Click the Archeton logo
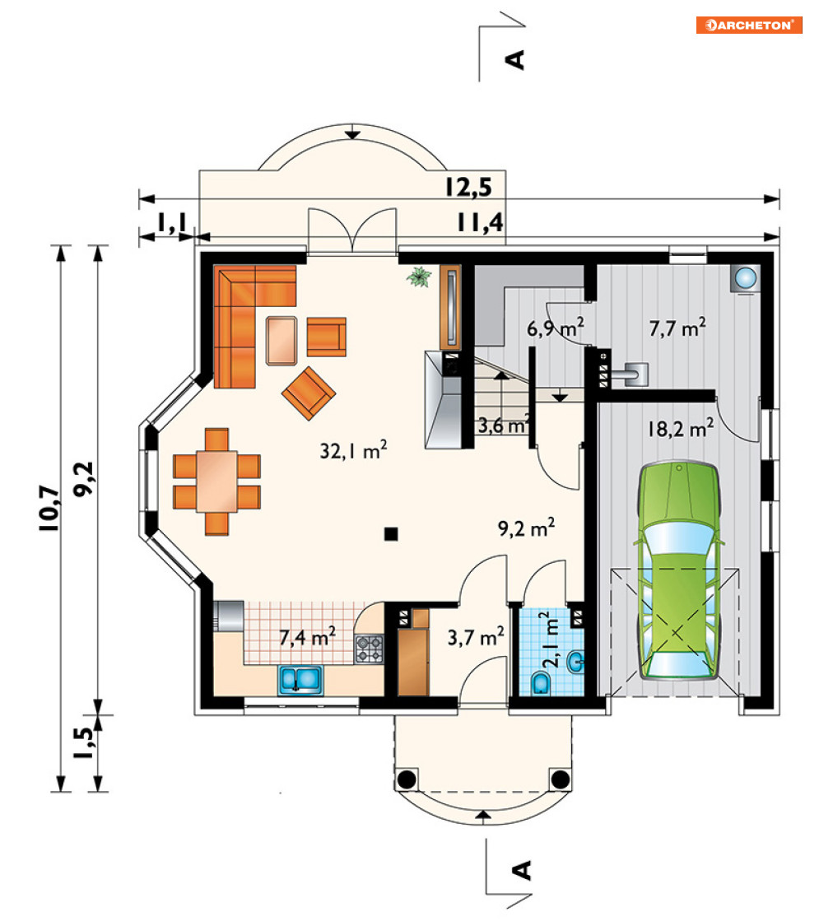point(749,25)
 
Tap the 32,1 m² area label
point(354,450)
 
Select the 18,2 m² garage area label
point(681,428)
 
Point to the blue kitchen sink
point(300,680)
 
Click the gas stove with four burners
point(370,649)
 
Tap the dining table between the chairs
point(216,481)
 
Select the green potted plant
point(419,277)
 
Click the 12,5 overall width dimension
point(468,187)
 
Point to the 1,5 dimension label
point(84,742)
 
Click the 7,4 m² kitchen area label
point(307,637)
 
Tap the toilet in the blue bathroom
point(541,684)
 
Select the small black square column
point(391,534)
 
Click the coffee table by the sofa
point(282,341)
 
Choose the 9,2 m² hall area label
point(527,528)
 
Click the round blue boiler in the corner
point(747,277)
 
